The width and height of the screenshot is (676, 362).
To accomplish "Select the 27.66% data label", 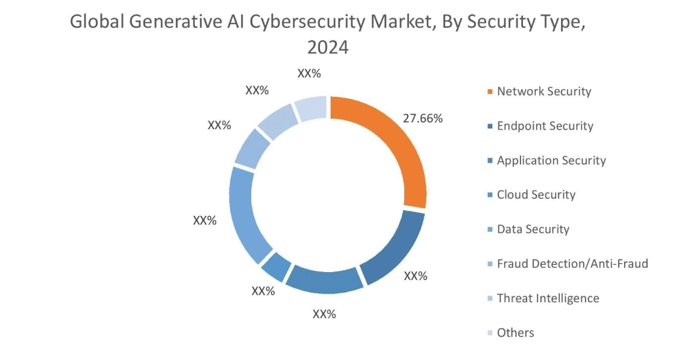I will pyautogui.click(x=422, y=118).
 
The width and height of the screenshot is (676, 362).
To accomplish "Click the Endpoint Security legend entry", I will pyautogui.click(x=545, y=126).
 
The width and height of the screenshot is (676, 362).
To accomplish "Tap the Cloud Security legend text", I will pyautogui.click(x=536, y=195).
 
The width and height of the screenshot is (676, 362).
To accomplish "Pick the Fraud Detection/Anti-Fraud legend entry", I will pyautogui.click(x=572, y=264).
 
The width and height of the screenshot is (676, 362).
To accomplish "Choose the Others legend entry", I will pyautogui.click(x=515, y=332).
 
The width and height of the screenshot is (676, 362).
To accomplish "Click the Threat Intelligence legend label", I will pyautogui.click(x=548, y=298).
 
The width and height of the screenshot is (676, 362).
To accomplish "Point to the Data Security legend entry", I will pyautogui.click(x=533, y=229).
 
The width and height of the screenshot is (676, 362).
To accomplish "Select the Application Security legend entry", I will pyautogui.click(x=551, y=160).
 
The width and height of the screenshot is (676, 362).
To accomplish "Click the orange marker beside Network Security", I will pyautogui.click(x=490, y=92).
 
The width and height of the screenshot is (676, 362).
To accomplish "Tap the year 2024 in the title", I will pyautogui.click(x=328, y=47).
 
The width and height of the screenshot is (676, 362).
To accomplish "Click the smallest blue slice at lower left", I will pyautogui.click(x=277, y=266).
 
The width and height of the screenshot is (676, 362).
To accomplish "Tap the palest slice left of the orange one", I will pyautogui.click(x=311, y=109).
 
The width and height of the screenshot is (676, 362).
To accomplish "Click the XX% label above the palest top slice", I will pyautogui.click(x=309, y=74).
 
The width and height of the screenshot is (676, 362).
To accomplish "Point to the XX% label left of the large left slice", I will pyautogui.click(x=204, y=221).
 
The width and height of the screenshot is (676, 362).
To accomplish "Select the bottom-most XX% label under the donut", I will pyautogui.click(x=324, y=314).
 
